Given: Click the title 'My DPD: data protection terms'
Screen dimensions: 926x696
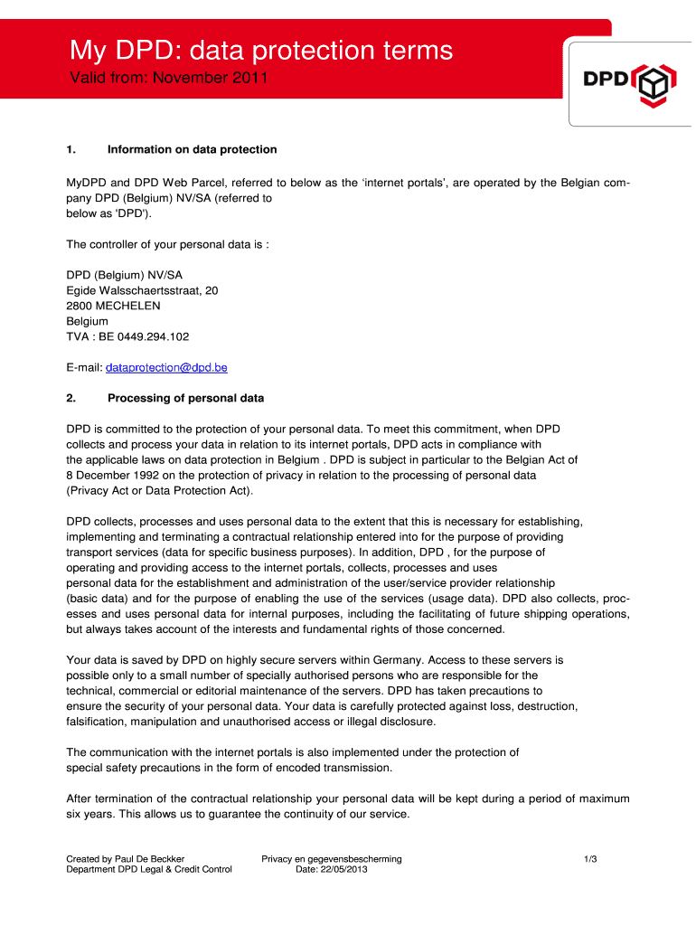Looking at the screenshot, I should click(262, 50).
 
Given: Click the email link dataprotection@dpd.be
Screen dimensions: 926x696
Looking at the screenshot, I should click(166, 368).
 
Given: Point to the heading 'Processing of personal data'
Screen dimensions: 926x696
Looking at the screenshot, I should click(185, 398).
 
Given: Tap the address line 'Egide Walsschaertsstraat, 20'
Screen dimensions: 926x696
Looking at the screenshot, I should click(142, 291).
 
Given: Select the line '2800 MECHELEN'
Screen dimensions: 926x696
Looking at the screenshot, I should click(114, 306).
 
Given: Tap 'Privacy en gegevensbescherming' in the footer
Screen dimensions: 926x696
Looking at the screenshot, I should click(332, 858).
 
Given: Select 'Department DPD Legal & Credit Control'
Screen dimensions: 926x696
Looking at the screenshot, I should click(149, 870).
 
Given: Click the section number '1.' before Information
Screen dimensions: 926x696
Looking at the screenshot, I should click(72, 149).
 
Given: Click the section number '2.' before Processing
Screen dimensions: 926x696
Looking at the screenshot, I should click(72, 398).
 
